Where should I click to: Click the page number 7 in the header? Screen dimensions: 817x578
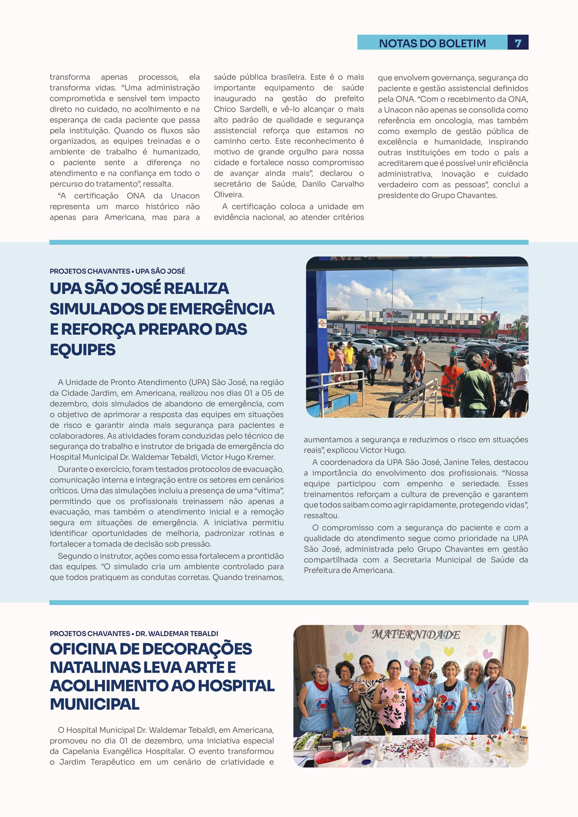(x=518, y=43)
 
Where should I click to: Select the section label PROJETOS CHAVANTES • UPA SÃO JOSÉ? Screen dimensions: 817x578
(x=117, y=271)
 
